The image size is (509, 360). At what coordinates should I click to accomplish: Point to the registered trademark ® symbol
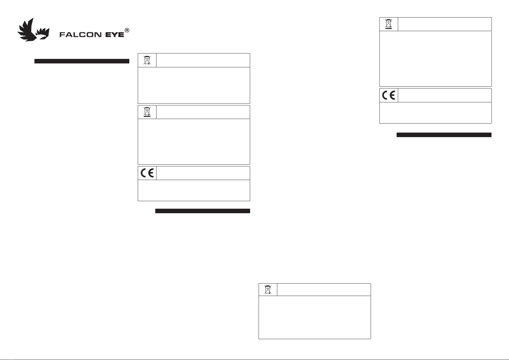click(x=127, y=31)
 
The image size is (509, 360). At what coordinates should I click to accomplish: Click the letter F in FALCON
click(x=62, y=35)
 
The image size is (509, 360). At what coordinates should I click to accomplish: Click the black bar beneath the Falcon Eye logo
click(x=82, y=61)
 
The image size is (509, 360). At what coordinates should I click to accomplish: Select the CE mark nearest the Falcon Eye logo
click(x=147, y=173)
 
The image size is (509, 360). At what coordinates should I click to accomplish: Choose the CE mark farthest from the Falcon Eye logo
click(x=389, y=95)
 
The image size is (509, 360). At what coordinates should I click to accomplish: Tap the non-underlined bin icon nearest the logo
click(x=147, y=60)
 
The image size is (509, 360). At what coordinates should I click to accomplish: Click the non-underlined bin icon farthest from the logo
click(x=268, y=290)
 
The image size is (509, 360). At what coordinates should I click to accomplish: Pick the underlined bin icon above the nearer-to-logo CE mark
click(x=147, y=112)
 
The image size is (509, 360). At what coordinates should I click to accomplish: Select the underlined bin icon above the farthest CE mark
click(x=389, y=24)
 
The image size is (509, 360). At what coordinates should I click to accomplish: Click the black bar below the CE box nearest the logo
click(x=202, y=211)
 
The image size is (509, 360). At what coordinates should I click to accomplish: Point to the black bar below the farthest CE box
click(x=444, y=135)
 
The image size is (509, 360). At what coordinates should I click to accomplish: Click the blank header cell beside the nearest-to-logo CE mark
click(x=203, y=173)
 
